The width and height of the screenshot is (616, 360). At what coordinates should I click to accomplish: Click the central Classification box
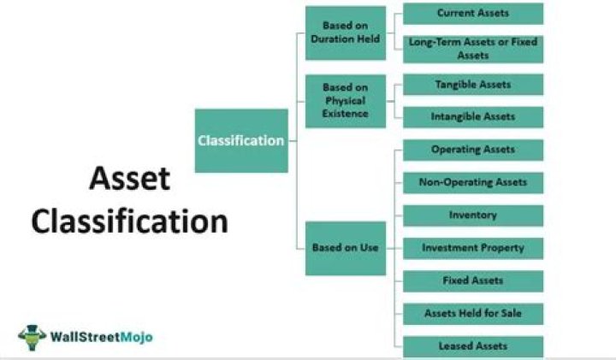(241, 140)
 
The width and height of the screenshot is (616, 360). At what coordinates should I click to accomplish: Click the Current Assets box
(473, 14)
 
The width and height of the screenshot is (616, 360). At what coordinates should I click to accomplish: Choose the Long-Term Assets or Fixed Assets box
(473, 48)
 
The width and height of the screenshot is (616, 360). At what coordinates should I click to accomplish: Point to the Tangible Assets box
(473, 85)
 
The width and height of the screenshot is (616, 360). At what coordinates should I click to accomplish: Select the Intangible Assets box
(473, 117)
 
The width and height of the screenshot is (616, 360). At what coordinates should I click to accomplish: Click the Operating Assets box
(473, 150)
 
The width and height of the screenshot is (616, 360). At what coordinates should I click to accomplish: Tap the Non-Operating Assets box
(473, 182)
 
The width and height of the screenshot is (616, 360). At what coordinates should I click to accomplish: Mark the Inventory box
(473, 215)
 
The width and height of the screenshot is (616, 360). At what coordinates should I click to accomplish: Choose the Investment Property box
(473, 248)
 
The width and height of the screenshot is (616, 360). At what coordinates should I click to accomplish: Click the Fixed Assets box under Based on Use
(473, 280)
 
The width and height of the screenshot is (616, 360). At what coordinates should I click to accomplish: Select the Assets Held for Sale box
(473, 313)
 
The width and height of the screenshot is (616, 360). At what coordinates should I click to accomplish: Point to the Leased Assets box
(473, 345)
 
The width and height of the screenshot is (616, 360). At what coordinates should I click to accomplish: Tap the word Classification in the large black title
(130, 221)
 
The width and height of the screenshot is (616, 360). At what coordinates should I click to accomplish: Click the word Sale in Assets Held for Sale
(507, 313)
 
